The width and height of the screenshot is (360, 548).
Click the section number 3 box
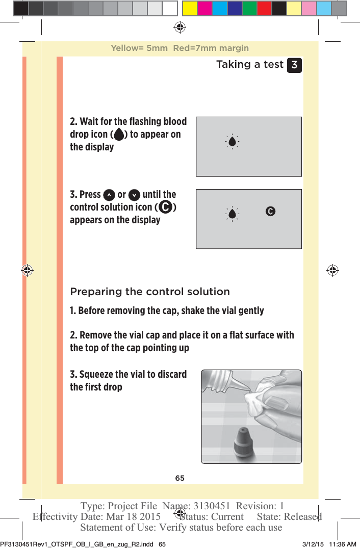(294, 65)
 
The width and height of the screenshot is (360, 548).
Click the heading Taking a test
(249, 65)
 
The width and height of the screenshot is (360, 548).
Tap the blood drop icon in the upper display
(232, 142)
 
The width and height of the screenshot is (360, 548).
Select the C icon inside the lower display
(270, 211)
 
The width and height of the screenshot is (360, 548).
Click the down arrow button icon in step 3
(134, 195)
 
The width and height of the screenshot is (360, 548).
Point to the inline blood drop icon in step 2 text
(118, 135)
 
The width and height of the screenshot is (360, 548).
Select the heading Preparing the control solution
(150, 292)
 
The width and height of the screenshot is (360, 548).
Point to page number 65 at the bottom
(180, 478)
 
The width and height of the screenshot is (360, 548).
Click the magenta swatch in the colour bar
(204, 9)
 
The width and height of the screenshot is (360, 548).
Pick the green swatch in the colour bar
(249, 9)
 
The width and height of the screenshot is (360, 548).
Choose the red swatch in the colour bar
(264, 9)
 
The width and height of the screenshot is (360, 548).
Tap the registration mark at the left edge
(27, 270)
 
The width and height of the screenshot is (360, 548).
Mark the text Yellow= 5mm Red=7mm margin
(180, 48)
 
